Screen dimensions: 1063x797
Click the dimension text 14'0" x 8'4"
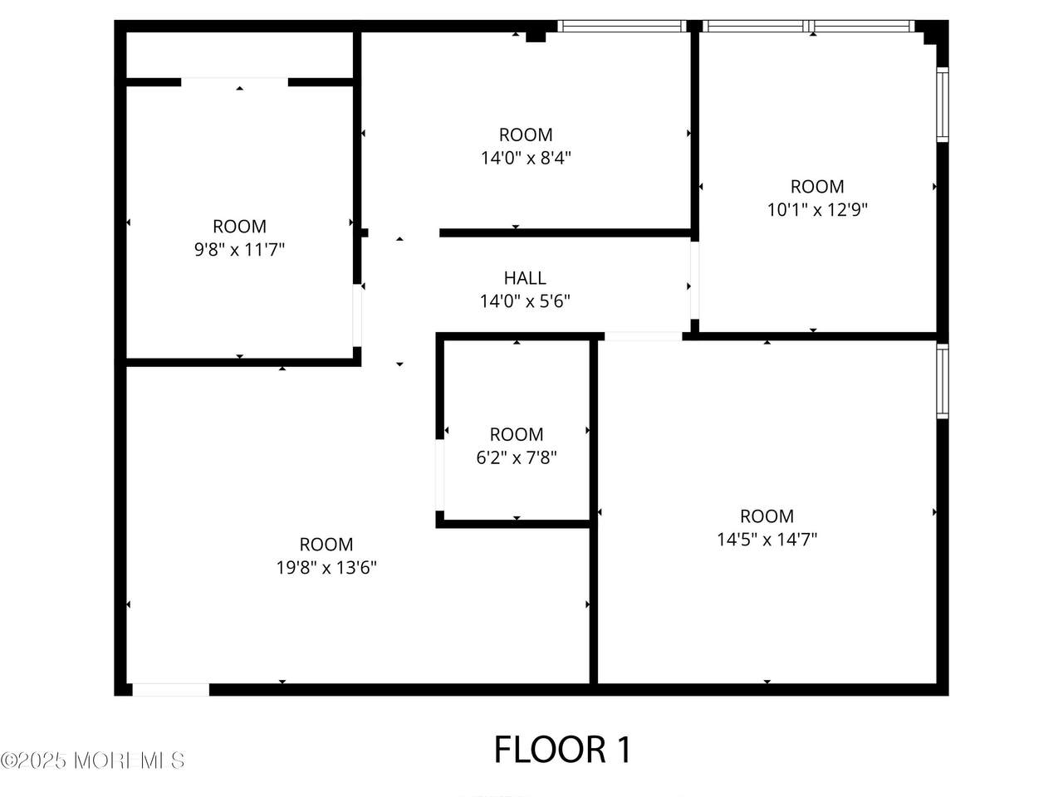click(526, 159)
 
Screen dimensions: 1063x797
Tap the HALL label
click(525, 278)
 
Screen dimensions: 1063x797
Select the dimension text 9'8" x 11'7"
click(239, 250)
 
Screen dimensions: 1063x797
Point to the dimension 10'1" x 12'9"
click(817, 210)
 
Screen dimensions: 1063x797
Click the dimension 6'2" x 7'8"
click(517, 457)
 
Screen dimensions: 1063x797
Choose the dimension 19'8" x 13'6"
click(326, 567)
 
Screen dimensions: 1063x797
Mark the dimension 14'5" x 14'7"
click(767, 539)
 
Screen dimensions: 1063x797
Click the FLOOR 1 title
click(563, 750)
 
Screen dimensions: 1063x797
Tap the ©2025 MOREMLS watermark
click(92, 760)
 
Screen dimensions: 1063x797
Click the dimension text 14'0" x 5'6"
click(525, 301)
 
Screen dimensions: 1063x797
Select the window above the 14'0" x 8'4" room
click(622, 26)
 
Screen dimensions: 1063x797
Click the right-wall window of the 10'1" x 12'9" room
click(943, 105)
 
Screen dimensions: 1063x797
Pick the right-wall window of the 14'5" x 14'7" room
click(943, 381)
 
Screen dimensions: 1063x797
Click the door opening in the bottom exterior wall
click(170, 690)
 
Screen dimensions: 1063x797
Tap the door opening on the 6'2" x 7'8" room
click(439, 475)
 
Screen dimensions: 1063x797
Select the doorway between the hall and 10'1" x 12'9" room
click(694, 280)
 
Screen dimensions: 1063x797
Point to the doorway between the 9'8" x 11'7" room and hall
click(357, 315)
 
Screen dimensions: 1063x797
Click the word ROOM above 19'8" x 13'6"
click(326, 545)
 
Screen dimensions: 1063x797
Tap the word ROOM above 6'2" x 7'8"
click(517, 434)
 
